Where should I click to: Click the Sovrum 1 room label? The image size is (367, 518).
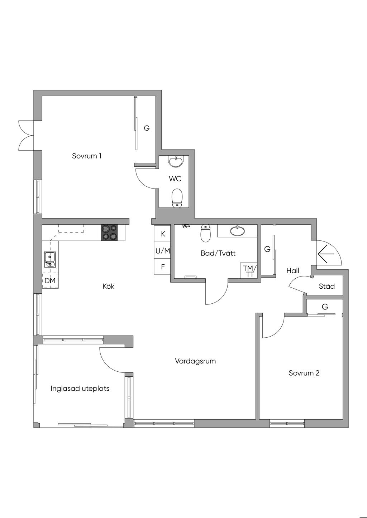(87, 156)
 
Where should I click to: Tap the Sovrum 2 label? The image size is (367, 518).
(304, 373)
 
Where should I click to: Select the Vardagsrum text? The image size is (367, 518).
(195, 361)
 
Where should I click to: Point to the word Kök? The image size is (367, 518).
(108, 286)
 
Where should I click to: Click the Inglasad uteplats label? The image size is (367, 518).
(80, 388)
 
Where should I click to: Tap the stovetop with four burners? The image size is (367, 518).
(109, 232)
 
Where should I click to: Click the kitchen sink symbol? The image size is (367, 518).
(49, 259)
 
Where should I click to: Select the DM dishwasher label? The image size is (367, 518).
(50, 281)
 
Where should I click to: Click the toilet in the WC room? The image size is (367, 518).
(177, 198)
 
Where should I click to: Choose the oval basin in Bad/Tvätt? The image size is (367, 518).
(237, 231)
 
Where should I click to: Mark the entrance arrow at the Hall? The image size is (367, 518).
(325, 254)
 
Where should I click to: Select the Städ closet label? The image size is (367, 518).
(327, 286)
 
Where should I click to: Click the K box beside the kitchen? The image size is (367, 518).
(163, 234)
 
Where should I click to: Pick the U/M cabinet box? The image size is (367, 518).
(163, 251)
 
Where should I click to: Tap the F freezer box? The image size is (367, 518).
(163, 267)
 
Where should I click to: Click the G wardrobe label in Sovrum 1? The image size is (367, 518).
(147, 128)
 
